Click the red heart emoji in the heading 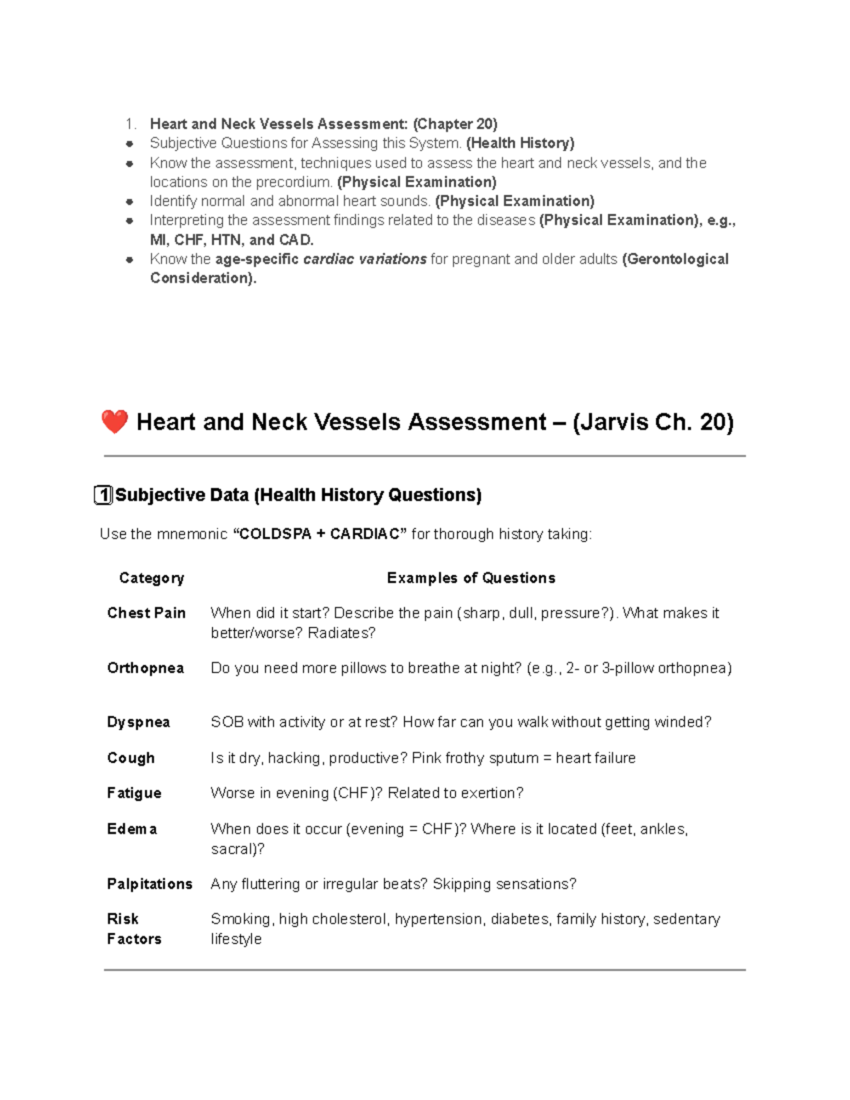click(114, 422)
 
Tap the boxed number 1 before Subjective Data click(103, 495)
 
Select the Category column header click(152, 578)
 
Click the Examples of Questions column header click(470, 578)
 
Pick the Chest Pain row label click(146, 613)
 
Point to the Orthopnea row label click(145, 668)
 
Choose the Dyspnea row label click(138, 722)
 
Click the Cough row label click(130, 758)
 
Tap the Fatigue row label click(134, 793)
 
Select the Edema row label click(132, 829)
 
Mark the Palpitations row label click(149, 884)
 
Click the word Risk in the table click(123, 919)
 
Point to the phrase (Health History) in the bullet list click(520, 143)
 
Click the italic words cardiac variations click(364, 259)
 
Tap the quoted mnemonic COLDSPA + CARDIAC click(320, 534)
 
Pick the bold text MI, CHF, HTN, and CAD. click(232, 240)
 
